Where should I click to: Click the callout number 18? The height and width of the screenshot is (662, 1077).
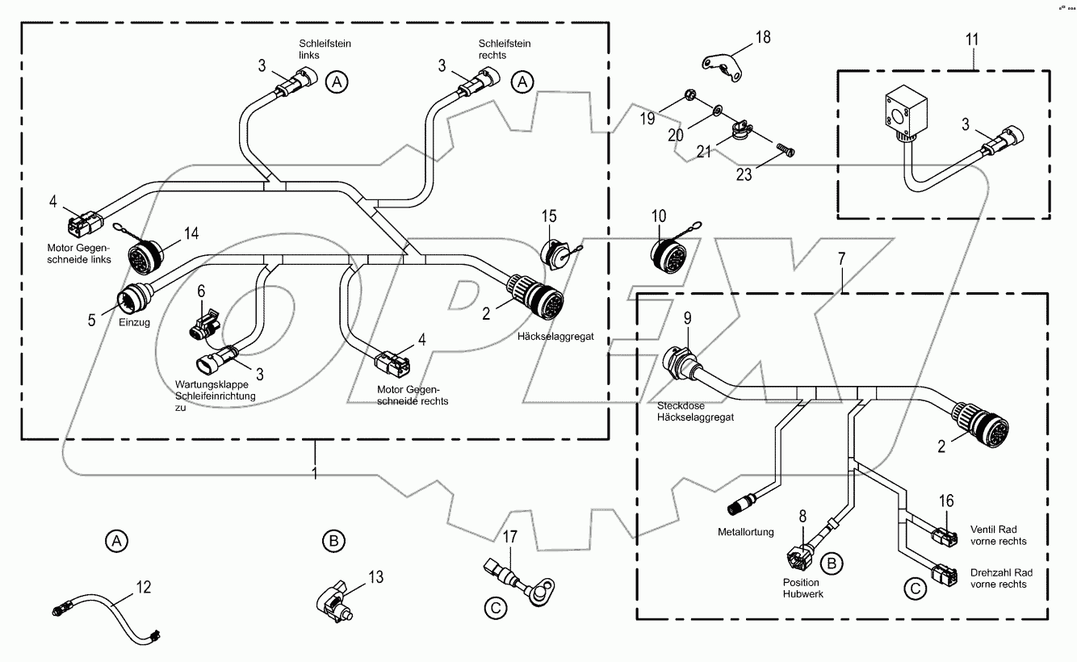(763, 37)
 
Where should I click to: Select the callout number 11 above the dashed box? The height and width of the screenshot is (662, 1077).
(974, 38)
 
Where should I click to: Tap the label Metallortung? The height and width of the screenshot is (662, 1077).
(745, 532)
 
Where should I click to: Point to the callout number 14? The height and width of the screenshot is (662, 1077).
(191, 234)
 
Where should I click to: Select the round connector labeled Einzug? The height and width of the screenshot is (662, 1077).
(132, 301)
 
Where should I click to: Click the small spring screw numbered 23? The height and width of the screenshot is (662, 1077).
(783, 149)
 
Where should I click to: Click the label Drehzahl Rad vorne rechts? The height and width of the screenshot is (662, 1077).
(999, 577)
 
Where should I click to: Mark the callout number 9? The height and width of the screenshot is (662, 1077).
(689, 319)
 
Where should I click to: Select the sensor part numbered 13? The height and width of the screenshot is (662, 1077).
(335, 601)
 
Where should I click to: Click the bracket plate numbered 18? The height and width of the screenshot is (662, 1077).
(722, 67)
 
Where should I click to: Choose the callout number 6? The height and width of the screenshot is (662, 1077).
(201, 290)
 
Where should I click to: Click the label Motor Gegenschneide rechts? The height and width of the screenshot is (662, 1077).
(413, 394)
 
